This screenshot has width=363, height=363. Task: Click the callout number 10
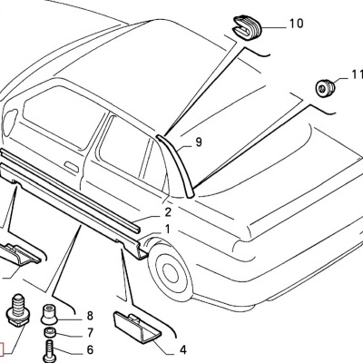tap(296, 25)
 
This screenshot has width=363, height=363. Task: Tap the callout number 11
tap(355, 88)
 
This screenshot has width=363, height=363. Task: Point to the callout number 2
tap(168, 211)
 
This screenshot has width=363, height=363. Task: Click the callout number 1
tap(166, 229)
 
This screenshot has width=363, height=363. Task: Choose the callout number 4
tap(183, 349)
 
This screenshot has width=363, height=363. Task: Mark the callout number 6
tap(89, 350)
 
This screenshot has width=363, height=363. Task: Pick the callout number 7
tap(89, 333)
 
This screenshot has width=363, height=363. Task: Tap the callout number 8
tap(89, 315)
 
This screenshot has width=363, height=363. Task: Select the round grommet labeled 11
tap(322, 89)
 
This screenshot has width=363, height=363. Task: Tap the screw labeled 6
tap(51, 349)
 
